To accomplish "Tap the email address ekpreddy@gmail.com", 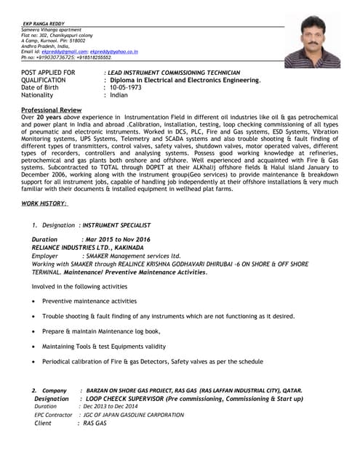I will [x=64, y=52].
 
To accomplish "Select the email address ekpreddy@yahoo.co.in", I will [x=113, y=52].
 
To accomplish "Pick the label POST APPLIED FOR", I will [x=48, y=73].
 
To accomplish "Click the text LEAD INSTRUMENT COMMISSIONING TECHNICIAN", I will [x=173, y=73].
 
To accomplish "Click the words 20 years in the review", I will [x=49, y=116].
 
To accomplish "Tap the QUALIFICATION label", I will [x=45, y=80].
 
